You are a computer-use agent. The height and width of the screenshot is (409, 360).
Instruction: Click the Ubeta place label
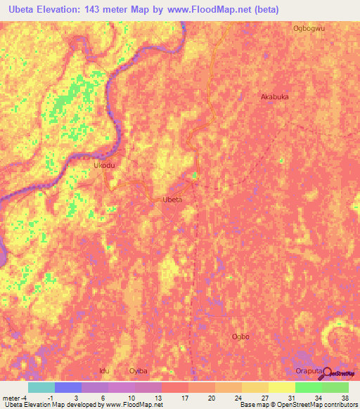tap(172, 200)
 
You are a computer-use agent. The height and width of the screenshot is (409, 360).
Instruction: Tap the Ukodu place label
tap(104, 165)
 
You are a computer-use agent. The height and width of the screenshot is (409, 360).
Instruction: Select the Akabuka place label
tap(275, 97)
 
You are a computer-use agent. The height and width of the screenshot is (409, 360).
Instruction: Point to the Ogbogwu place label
tap(309, 29)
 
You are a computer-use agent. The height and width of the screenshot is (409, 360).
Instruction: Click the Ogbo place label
tap(240, 337)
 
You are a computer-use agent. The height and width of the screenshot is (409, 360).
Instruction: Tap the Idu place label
tap(104, 370)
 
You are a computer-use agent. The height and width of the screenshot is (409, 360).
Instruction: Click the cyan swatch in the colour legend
tap(41, 387)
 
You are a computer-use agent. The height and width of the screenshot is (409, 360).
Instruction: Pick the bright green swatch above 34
tap(308, 387)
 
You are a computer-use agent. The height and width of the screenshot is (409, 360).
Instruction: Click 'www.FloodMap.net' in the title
tap(219, 10)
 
